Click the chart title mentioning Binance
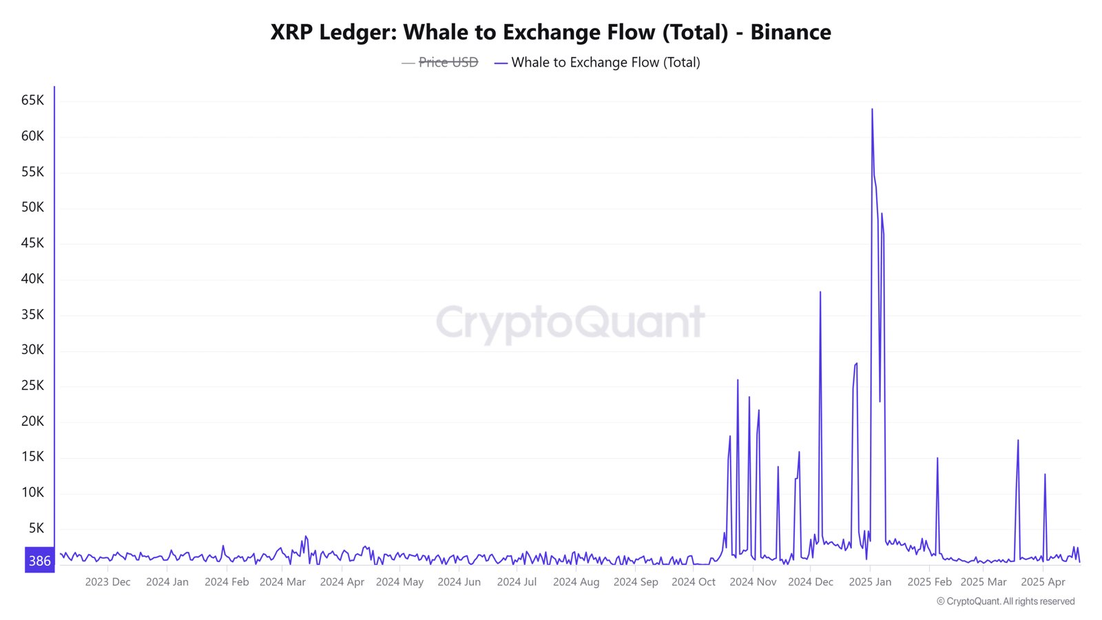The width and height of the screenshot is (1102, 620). (x=550, y=32)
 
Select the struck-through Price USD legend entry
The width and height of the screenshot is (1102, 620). (x=448, y=62)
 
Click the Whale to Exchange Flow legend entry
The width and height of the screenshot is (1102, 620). (x=605, y=62)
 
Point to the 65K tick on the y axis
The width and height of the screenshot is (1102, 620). (x=32, y=101)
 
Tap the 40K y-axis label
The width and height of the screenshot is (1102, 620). (x=32, y=278)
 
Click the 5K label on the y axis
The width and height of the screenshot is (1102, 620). (x=36, y=528)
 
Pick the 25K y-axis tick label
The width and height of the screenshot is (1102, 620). (x=32, y=385)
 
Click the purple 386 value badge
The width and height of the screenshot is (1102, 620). (x=39, y=561)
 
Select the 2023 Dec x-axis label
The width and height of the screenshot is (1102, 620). (x=107, y=582)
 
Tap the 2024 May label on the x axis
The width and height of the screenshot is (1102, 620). (x=399, y=582)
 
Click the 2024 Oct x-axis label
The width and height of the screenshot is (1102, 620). (x=693, y=582)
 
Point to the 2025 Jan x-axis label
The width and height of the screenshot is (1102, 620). (x=870, y=582)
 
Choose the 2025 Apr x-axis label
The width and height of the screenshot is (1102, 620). (x=1043, y=582)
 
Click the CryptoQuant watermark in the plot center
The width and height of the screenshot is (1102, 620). (x=570, y=322)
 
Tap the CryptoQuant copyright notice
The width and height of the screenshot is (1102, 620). (x=1006, y=601)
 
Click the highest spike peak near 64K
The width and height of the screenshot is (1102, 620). (x=872, y=110)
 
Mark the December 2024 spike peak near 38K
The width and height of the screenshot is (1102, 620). (x=820, y=293)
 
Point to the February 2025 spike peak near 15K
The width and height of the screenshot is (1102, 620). (x=937, y=459)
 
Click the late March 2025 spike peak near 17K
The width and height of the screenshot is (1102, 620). (x=1018, y=441)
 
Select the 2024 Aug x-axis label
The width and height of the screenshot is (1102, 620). (x=576, y=582)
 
